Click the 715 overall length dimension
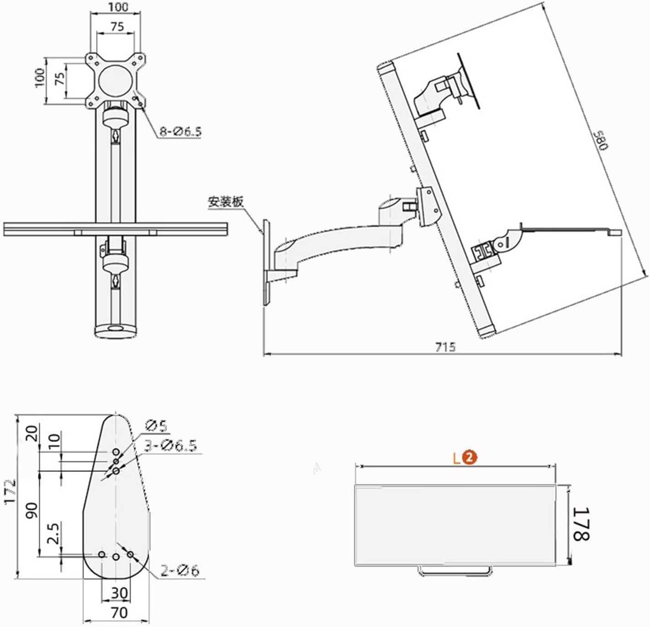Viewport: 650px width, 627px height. pos(445,347)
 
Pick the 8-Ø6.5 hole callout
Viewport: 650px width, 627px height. pos(180,132)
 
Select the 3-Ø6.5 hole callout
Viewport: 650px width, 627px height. pos(170,445)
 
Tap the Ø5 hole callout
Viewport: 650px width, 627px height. pos(156,426)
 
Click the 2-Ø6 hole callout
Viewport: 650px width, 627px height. pos(180,570)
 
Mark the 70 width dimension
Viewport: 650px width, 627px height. pos(119,612)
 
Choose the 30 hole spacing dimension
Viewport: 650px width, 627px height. pos(119,593)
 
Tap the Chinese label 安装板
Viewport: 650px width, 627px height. pos(226,202)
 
